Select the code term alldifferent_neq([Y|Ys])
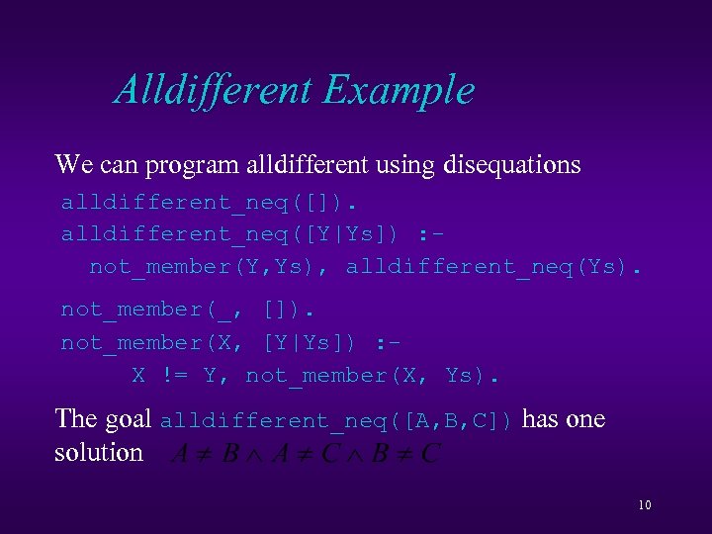tap(230, 234)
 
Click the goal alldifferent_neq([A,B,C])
tap(337, 420)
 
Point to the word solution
tap(99, 452)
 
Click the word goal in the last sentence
tap(128, 420)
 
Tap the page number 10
tap(644, 505)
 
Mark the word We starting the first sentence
tap(72, 164)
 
